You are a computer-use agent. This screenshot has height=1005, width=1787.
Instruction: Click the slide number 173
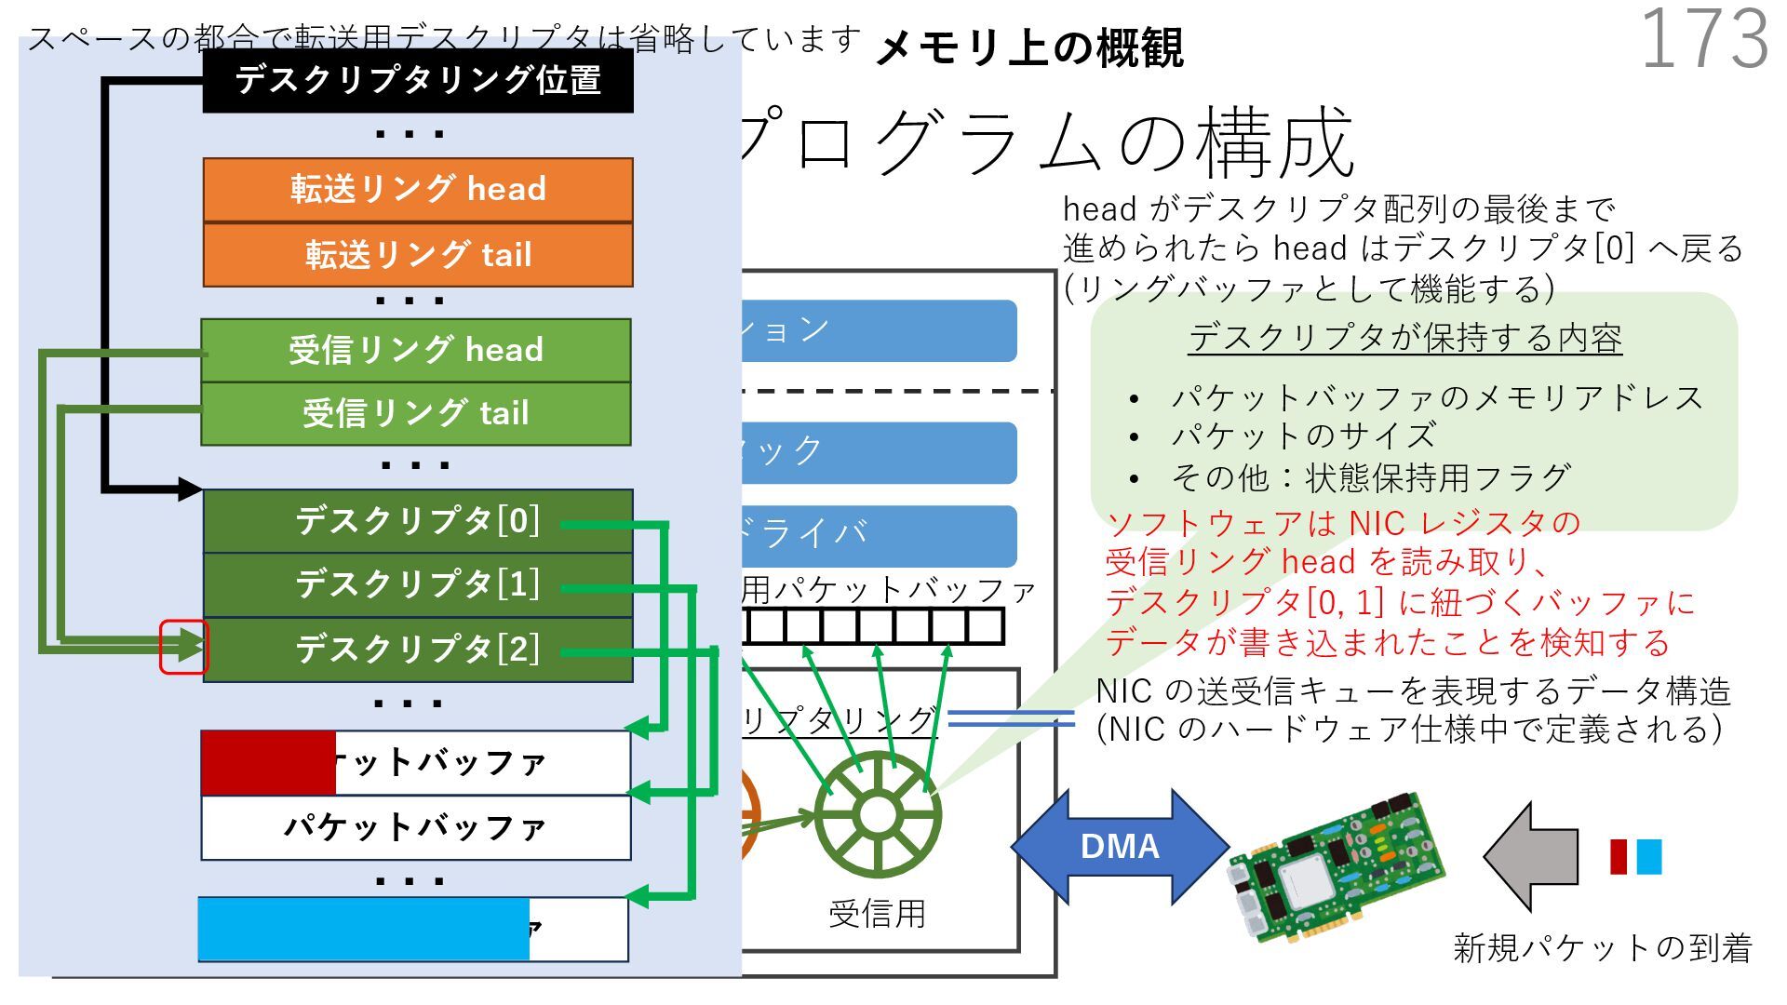point(1703,39)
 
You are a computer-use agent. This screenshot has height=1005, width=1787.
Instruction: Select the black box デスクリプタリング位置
point(418,81)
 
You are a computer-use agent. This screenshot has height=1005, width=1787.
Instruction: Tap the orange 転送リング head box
point(418,190)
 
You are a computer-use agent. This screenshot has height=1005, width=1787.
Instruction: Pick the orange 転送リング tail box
point(418,254)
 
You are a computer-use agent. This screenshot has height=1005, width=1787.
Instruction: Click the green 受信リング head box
point(416,350)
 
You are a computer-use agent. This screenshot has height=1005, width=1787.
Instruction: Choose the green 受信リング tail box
point(416,413)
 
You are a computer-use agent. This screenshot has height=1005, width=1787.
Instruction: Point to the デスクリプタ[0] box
point(418,521)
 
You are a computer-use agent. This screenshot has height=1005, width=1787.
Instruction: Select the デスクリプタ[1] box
point(418,584)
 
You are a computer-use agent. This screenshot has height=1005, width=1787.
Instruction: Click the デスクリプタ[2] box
point(418,649)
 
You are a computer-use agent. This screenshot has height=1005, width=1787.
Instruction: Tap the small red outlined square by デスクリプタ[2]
point(183,647)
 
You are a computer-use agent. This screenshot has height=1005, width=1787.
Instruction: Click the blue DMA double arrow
point(1120,846)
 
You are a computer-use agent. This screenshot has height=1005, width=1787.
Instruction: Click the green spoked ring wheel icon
point(877,814)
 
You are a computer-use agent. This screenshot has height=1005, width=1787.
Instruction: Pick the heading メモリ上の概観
point(1029,47)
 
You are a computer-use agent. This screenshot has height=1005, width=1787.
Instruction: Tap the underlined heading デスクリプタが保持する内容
point(1404,338)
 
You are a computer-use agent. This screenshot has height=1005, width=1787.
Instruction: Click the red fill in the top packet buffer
point(268,763)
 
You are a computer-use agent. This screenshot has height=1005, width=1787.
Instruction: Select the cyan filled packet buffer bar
point(364,929)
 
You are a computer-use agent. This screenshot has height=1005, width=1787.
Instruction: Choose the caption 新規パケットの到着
point(1602,947)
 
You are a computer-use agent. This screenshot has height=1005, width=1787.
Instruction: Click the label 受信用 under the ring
point(877,914)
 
